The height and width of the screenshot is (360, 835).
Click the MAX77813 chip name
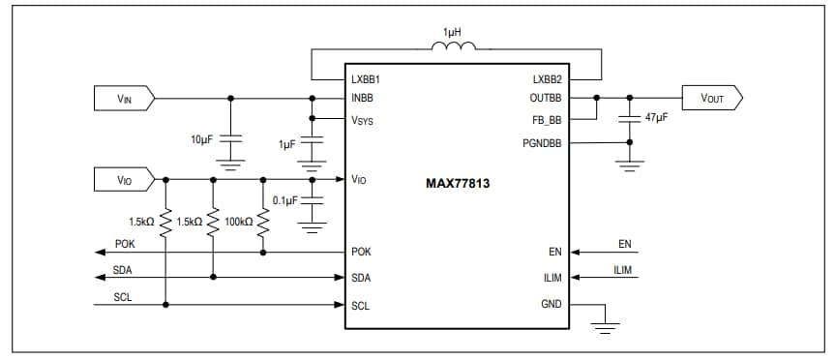[x=458, y=182]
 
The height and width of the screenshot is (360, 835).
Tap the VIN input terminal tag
[x=123, y=98]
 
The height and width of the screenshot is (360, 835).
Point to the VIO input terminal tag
[x=123, y=179]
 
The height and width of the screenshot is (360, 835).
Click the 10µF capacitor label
[x=201, y=139]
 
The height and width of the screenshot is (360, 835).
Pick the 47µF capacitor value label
[x=657, y=118]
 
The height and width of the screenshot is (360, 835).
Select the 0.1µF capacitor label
[x=285, y=200]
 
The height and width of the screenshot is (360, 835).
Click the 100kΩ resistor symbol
[x=263, y=221]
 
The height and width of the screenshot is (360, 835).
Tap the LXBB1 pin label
[x=366, y=78]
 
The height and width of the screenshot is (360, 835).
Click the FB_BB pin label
[x=549, y=120]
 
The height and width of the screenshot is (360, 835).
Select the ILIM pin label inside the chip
[x=552, y=278]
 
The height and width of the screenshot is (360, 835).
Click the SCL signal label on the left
[x=122, y=297]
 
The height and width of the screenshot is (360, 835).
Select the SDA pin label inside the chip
[x=361, y=278]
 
